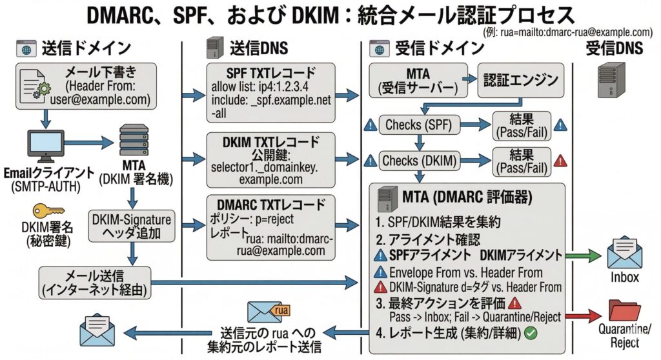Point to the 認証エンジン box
click(520, 81)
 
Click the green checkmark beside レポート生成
click(532, 334)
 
